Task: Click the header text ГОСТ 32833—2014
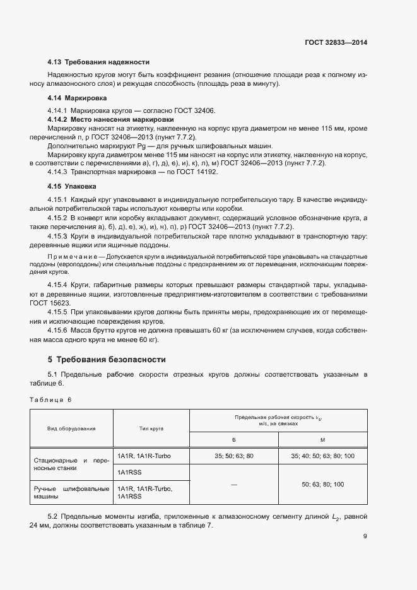[335, 42]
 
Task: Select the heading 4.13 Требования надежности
[98, 62]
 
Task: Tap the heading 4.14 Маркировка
[77, 98]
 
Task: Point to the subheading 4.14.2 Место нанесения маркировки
[111, 119]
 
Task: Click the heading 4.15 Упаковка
[72, 187]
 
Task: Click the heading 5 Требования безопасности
[107, 360]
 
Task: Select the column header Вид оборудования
[71, 428]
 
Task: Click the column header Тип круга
[151, 428]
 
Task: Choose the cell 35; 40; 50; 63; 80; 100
[322, 456]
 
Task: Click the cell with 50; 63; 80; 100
[322, 484]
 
